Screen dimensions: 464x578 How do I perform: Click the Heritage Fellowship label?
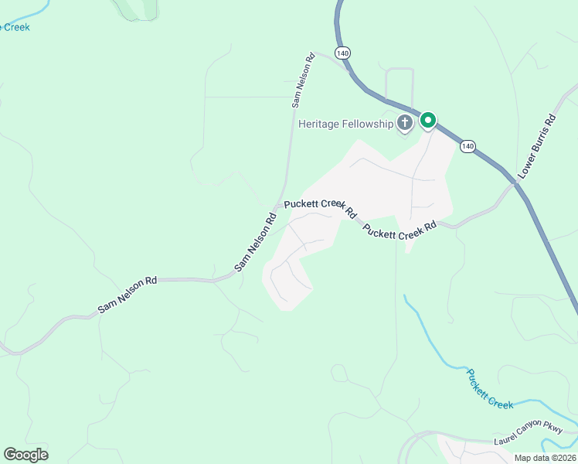(345, 125)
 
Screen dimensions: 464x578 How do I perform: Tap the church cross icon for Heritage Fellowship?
(404, 122)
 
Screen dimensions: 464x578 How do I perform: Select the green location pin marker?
(427, 121)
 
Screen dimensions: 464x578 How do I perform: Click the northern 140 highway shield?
(343, 53)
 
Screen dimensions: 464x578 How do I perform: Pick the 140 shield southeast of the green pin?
(467, 145)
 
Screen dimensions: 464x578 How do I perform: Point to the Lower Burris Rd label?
(538, 148)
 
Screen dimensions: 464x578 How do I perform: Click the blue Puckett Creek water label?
(490, 387)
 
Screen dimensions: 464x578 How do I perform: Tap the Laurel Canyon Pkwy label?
(532, 441)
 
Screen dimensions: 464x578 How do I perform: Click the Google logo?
(25, 454)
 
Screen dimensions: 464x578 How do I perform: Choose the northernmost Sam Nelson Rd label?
(303, 79)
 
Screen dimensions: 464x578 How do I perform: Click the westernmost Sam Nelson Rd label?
(127, 295)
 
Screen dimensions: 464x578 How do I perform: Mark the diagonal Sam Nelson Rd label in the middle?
(256, 244)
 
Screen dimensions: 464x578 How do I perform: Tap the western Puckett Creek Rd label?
(320, 206)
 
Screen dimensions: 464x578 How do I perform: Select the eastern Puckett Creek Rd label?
(399, 230)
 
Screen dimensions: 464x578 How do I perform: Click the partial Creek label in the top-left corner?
(15, 27)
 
